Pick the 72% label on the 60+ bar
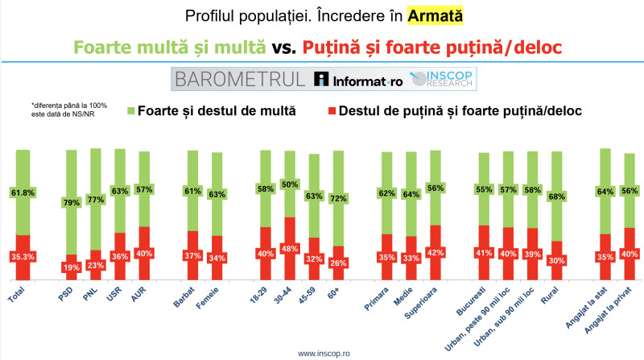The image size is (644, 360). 338,198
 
